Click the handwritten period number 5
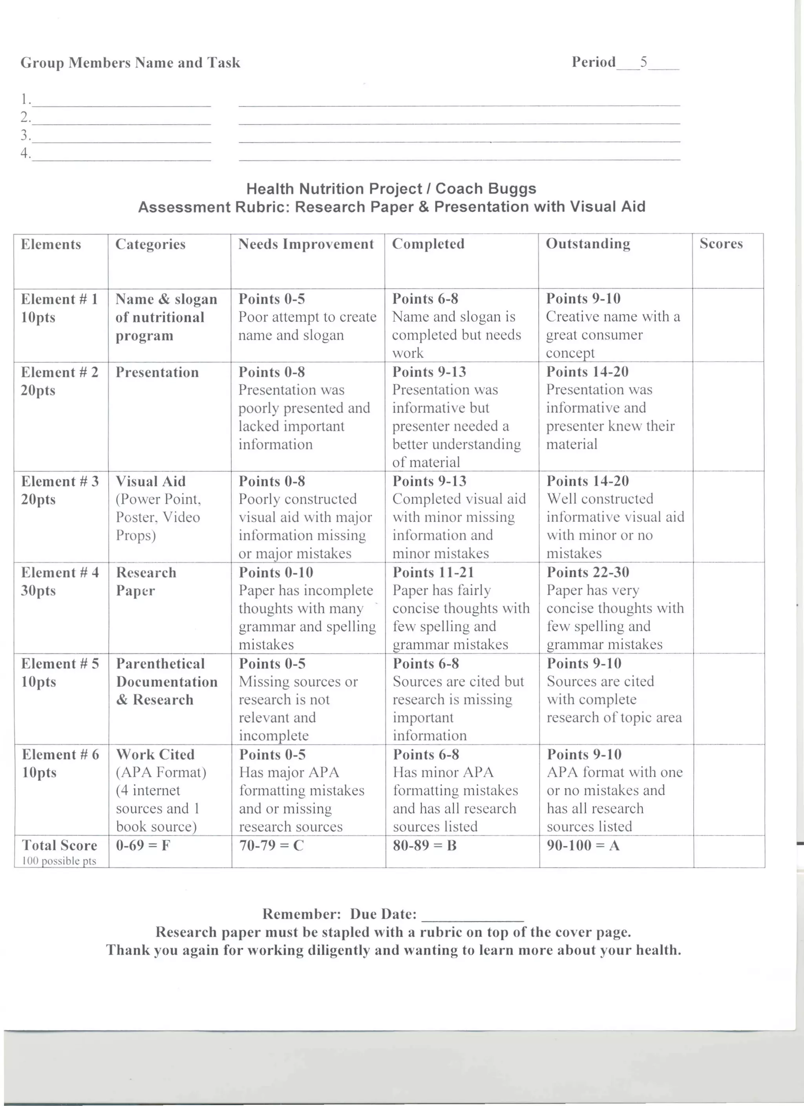pos(644,62)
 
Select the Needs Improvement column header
pos(306,244)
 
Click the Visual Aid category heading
pos(151,481)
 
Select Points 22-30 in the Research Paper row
pos(588,572)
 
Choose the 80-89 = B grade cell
pos(424,845)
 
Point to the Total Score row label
pos(59,845)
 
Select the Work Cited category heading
pos(155,754)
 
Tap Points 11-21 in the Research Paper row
pos(433,572)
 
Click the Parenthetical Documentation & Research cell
pos(166,681)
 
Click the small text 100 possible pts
pos(59,861)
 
